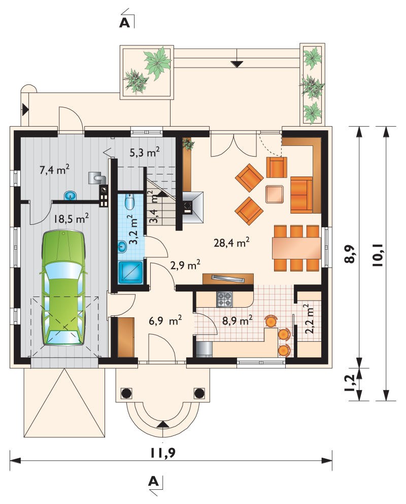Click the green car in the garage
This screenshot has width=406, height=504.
coord(64,288)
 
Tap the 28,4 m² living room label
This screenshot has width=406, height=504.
coord(232,243)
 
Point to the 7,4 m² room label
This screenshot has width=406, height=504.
coord(54,169)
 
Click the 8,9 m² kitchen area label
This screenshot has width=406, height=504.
coord(237,320)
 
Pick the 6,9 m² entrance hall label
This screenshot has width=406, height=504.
coord(166,320)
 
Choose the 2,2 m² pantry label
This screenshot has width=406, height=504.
coord(309,319)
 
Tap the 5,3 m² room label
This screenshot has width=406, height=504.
coord(145,152)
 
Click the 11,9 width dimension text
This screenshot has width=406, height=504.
coord(163,453)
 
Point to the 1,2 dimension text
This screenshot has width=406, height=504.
coord(350,382)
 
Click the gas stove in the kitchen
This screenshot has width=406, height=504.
coord(224,299)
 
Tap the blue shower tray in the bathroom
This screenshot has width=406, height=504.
coord(130,273)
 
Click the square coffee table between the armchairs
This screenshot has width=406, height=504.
coord(275,194)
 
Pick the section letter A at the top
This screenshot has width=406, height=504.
coord(125,23)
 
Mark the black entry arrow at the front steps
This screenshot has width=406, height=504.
coord(163,425)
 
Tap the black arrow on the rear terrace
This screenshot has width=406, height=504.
coord(237,64)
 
